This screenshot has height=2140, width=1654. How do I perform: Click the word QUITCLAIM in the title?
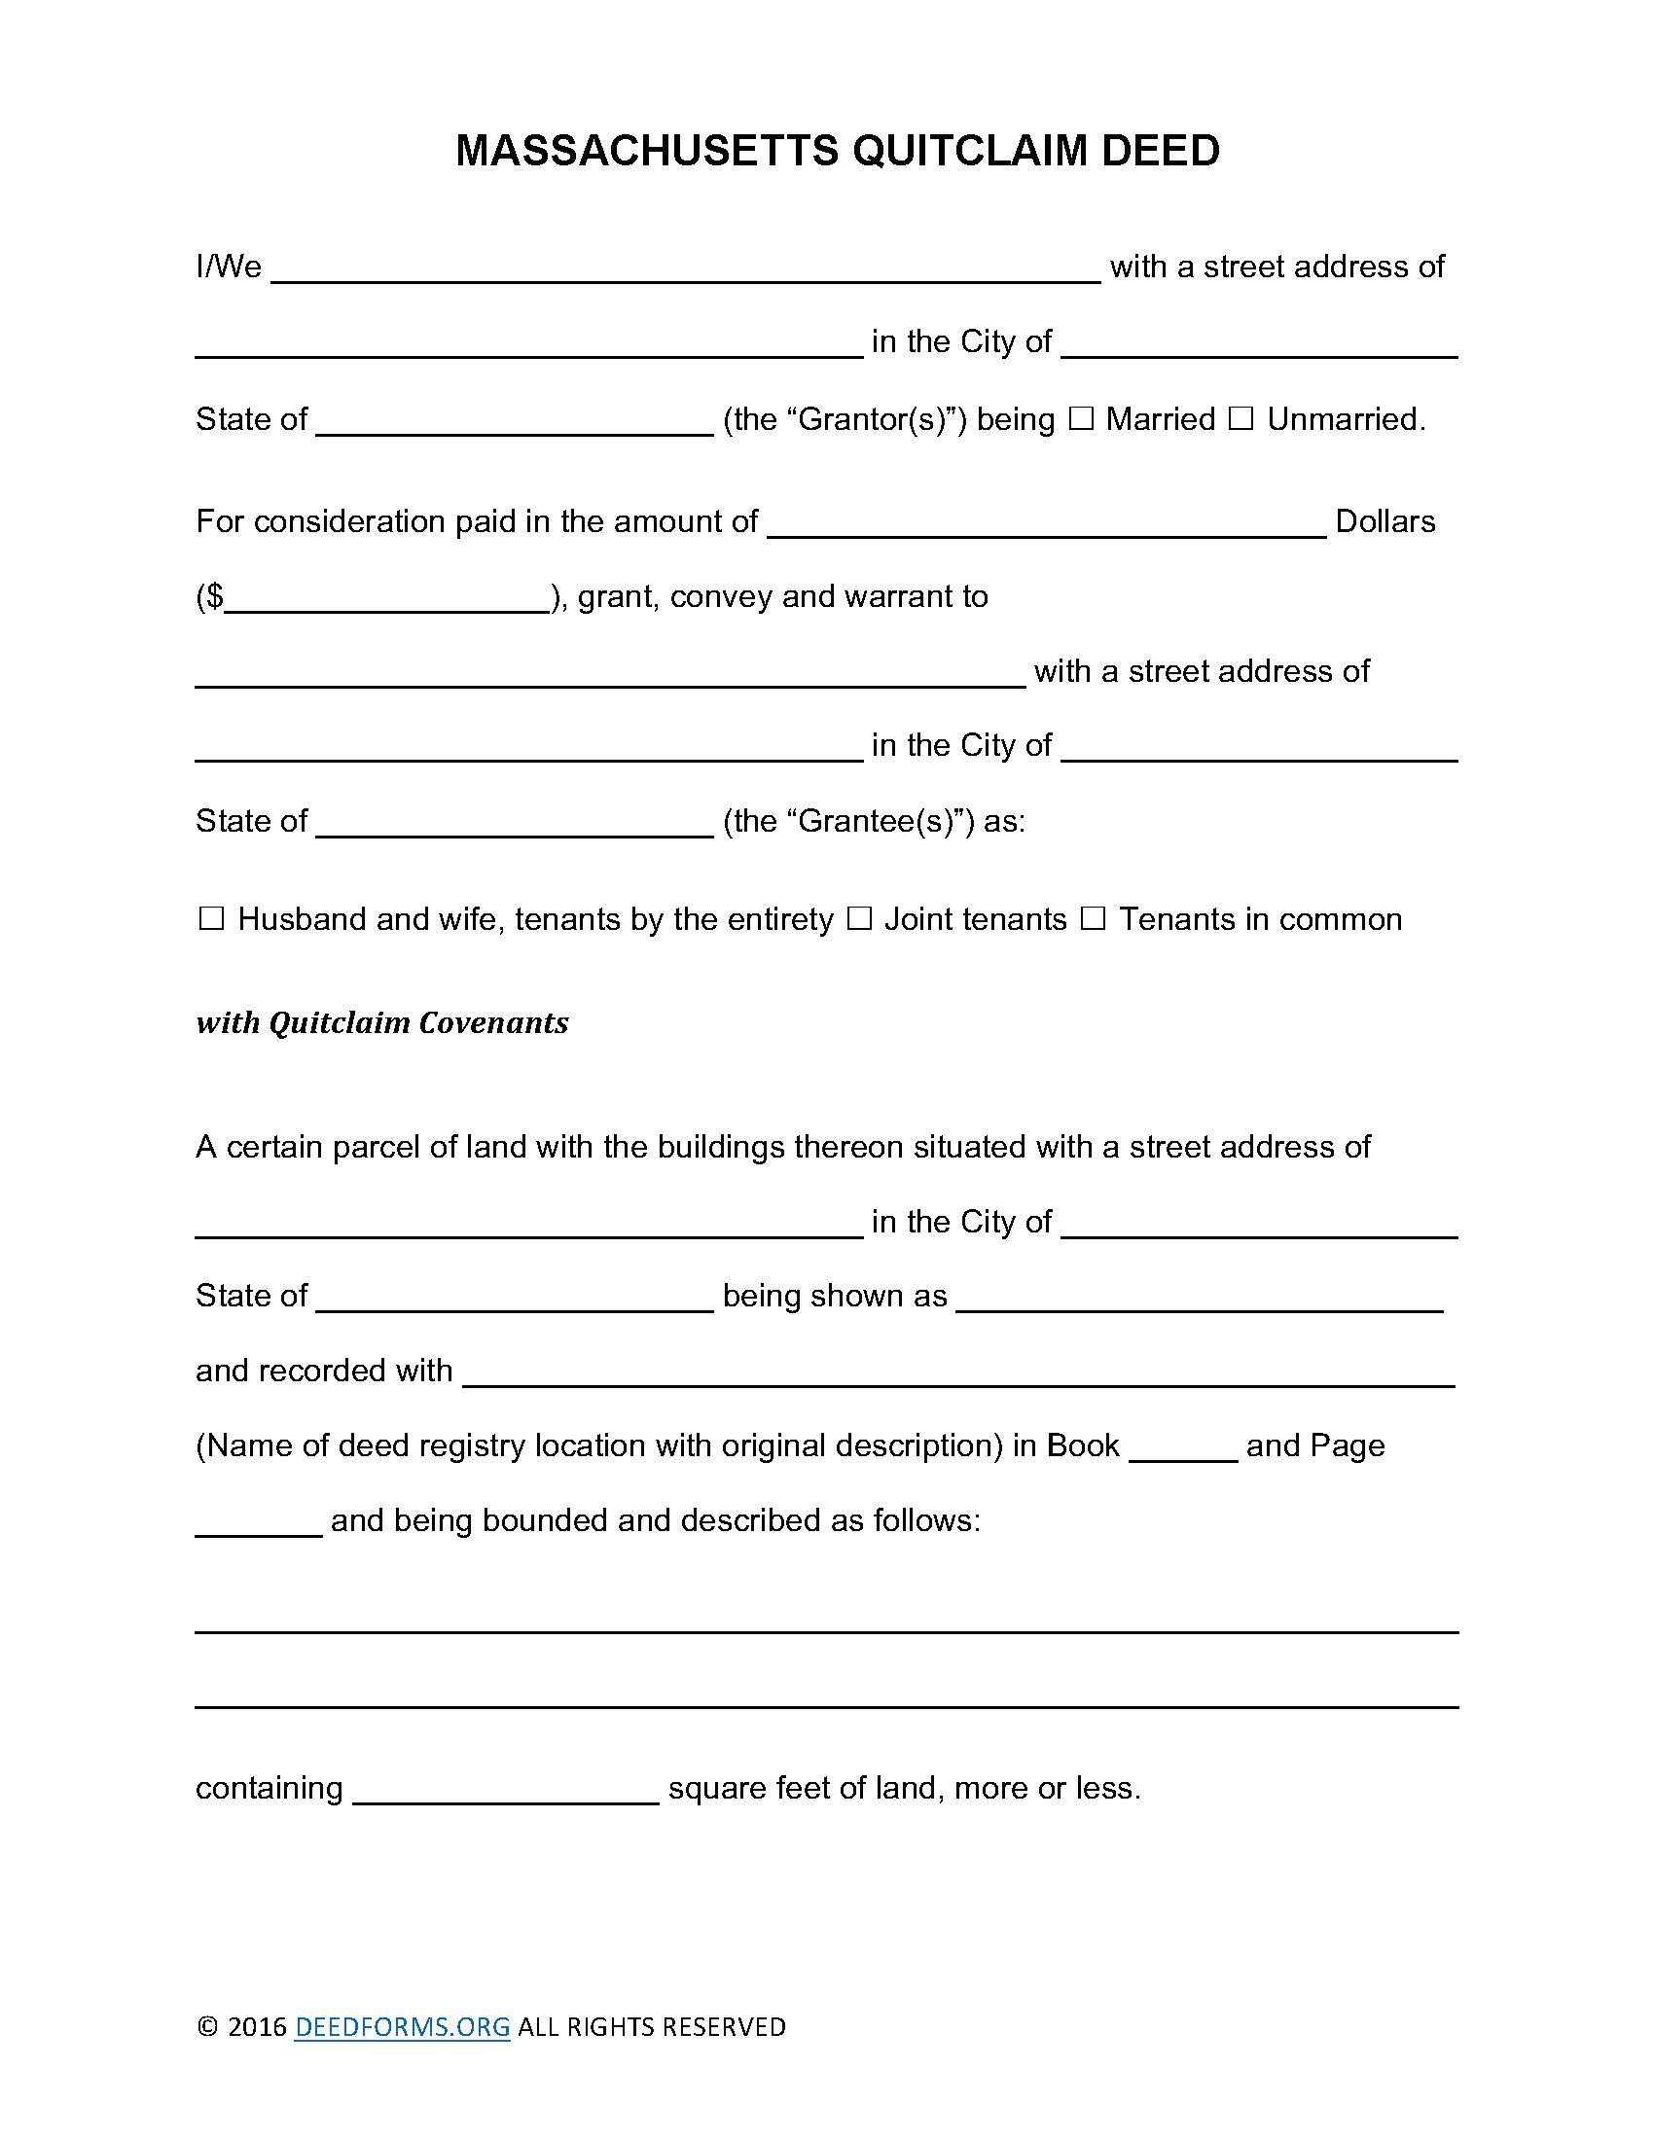969,151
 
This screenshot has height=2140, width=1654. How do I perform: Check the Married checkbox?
1080,419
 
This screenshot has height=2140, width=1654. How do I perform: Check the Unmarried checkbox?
1240,419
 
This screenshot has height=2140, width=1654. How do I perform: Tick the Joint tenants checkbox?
858,919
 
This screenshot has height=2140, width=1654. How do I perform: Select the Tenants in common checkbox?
1093,919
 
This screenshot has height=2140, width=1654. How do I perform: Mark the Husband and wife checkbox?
211,919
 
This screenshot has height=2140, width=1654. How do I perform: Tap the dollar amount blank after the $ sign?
387,599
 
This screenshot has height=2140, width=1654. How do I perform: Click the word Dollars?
1384,521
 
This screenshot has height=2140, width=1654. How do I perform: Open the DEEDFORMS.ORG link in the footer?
402,2026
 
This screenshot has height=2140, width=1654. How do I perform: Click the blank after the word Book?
1183,1449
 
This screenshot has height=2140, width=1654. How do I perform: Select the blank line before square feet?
505,1791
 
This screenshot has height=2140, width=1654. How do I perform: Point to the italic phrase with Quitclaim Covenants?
382,1023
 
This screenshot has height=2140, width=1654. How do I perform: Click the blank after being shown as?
1199,1300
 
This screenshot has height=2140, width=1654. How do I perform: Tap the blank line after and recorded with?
957,1373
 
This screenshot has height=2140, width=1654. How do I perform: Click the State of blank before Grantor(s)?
515,423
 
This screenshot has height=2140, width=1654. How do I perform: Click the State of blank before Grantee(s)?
515,825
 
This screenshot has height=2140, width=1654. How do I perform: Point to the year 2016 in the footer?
257,2026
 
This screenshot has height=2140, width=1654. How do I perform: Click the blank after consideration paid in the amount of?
1046,525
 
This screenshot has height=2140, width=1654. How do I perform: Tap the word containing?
269,1788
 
